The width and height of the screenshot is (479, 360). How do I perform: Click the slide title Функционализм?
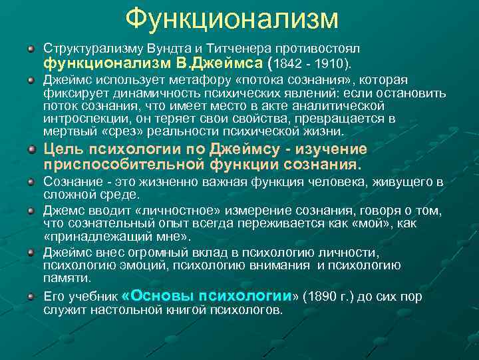point(232,19)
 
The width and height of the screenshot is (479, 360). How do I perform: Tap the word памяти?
point(67,278)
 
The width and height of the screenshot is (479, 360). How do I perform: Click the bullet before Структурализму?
point(31,51)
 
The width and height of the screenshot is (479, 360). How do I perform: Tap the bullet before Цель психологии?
point(31,149)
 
